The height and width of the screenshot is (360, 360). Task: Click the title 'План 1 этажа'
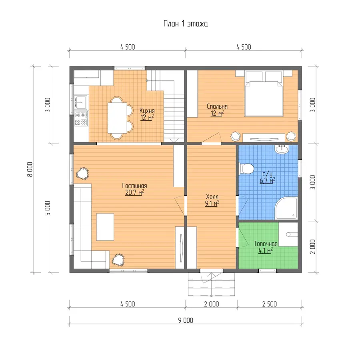(x=186, y=24)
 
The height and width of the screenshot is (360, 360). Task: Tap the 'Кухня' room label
(x=147, y=111)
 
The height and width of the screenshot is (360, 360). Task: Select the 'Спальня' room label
(x=217, y=106)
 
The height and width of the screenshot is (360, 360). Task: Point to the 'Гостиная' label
(x=134, y=186)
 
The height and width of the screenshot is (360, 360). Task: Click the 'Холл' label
(x=212, y=196)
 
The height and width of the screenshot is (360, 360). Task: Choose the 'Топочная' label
(x=266, y=244)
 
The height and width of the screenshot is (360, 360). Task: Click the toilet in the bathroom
(x=246, y=169)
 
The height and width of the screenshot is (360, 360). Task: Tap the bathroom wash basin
(x=282, y=149)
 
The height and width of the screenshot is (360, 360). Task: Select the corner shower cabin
(x=286, y=208)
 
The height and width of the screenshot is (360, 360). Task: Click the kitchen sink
(x=81, y=102)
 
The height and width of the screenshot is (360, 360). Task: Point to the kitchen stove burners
(x=81, y=118)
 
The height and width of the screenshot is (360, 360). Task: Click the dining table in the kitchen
(x=117, y=118)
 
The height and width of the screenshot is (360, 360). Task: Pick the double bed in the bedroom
(x=264, y=94)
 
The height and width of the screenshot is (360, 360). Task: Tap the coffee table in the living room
(x=105, y=227)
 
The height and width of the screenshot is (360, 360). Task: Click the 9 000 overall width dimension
(x=186, y=320)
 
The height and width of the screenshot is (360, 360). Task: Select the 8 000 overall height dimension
(x=30, y=170)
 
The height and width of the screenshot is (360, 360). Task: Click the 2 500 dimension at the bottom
(x=270, y=304)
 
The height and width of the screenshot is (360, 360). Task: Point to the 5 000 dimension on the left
(x=48, y=208)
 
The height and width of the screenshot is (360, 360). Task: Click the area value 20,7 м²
(x=134, y=192)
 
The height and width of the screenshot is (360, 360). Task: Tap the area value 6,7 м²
(x=268, y=180)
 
